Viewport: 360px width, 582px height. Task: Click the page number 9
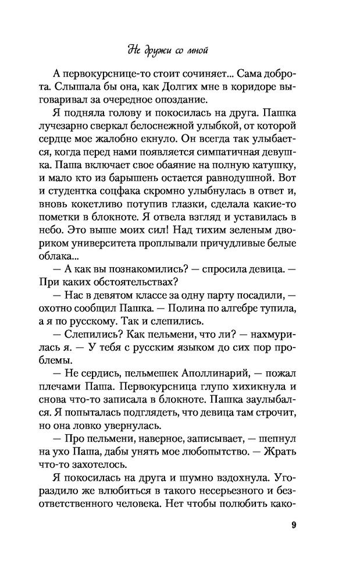(x=294, y=527)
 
